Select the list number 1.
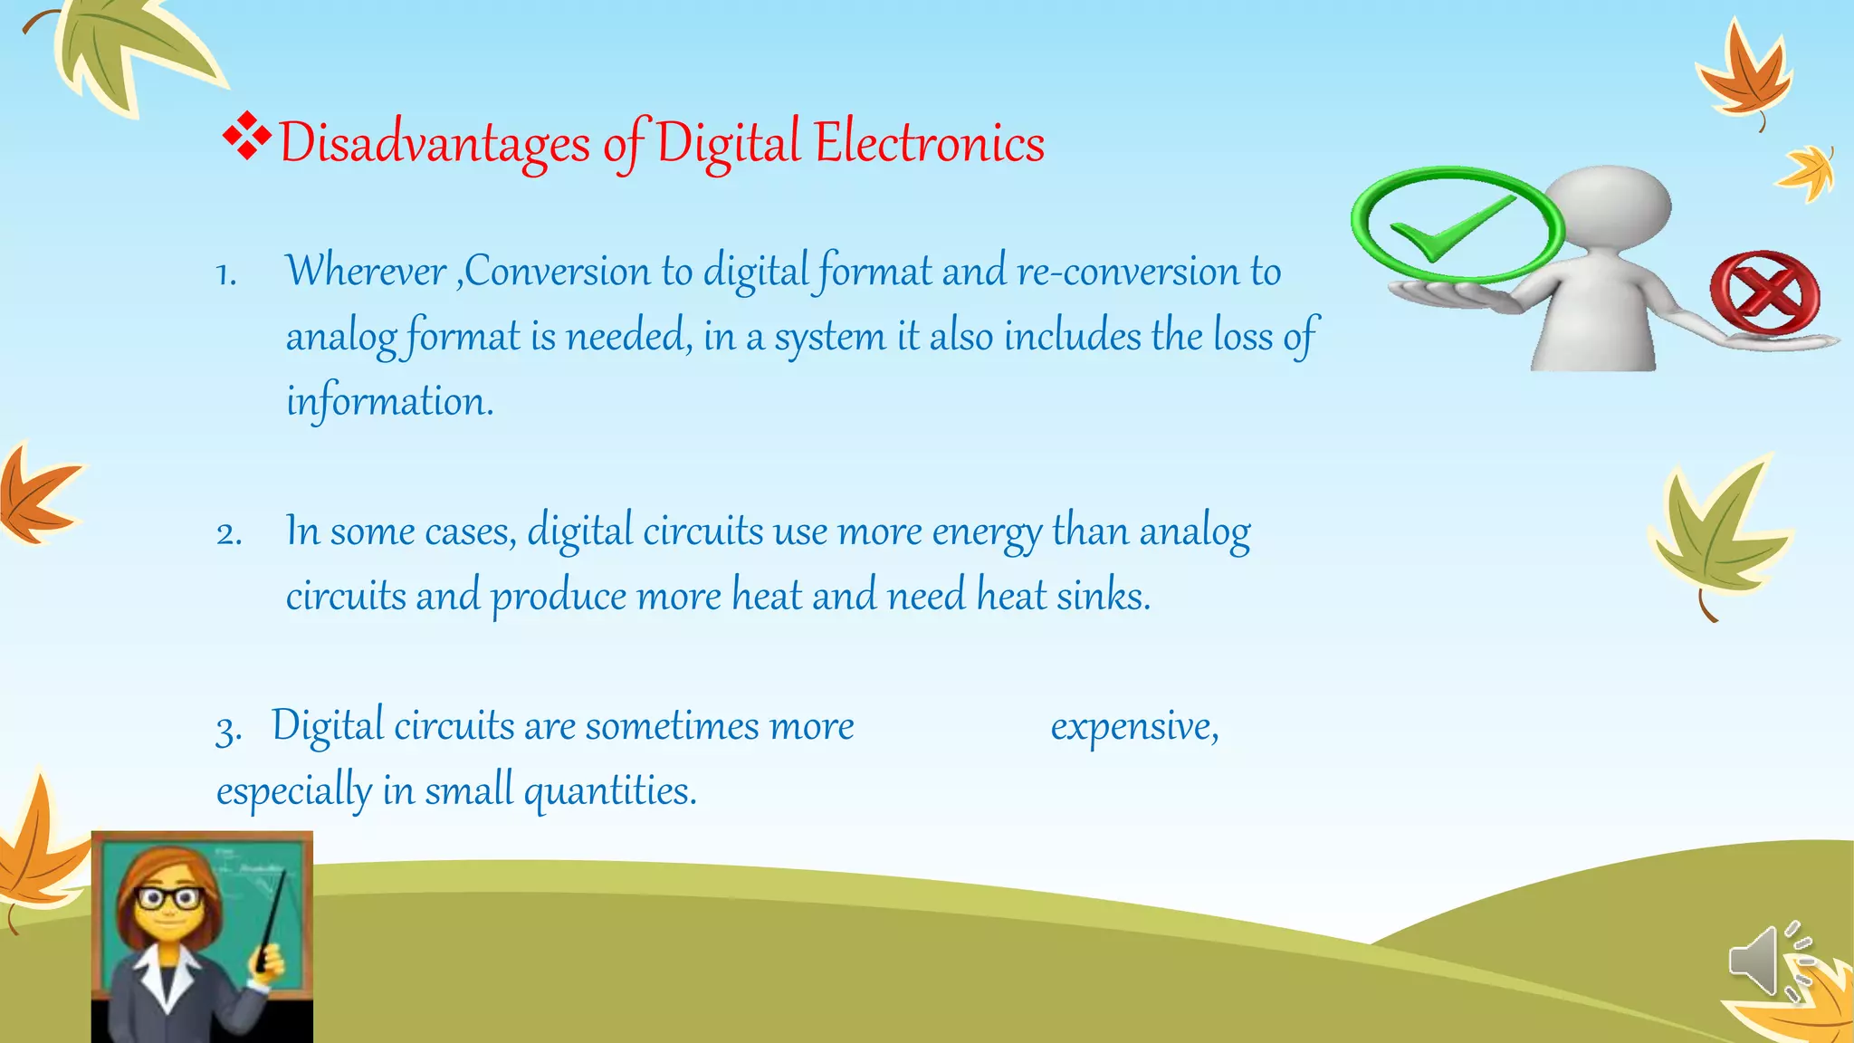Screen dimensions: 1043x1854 point(226,274)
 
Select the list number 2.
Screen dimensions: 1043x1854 point(229,533)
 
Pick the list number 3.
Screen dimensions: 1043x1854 point(228,729)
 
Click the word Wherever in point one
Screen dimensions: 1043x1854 point(366,271)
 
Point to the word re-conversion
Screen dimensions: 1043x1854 point(1128,272)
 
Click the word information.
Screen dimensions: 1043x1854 point(389,401)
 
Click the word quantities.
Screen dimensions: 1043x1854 point(610,790)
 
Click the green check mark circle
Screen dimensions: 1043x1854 point(1457,225)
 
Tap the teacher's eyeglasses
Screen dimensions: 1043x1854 point(169,899)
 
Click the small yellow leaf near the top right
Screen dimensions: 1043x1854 point(1807,172)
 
